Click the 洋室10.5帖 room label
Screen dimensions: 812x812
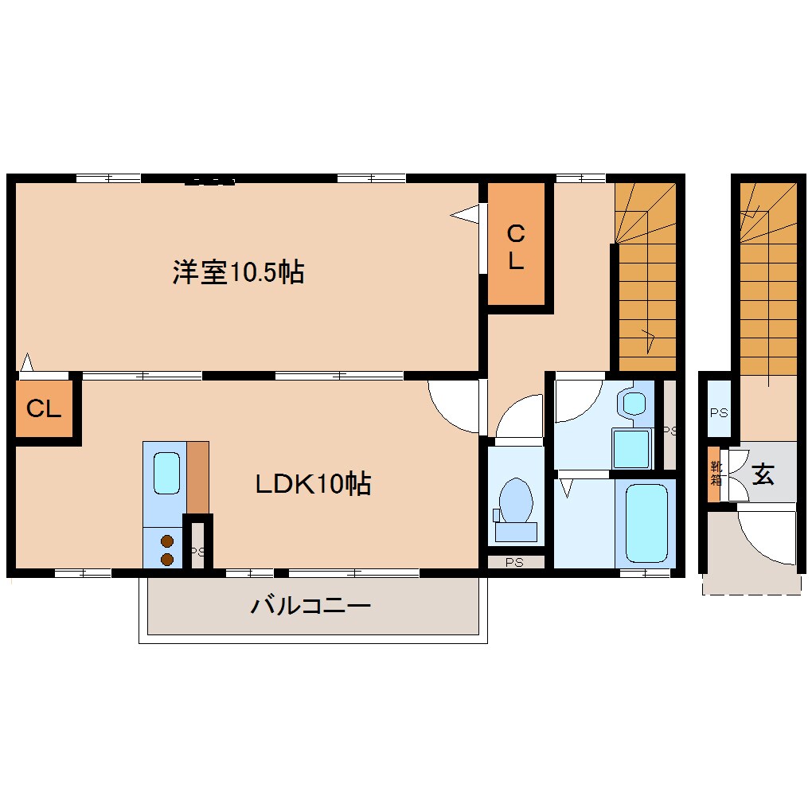click(238, 273)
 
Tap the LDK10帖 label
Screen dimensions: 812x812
click(313, 483)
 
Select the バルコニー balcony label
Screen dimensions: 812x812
click(310, 607)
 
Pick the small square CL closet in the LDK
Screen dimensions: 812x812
click(45, 409)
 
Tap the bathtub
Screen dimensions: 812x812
click(646, 522)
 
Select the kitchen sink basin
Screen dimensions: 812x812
click(166, 473)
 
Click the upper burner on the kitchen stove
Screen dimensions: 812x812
click(167, 541)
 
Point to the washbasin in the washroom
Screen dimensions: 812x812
click(634, 404)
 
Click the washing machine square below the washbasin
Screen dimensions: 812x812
click(631, 448)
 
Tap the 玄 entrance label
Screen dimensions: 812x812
click(763, 475)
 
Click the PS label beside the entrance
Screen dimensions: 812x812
click(718, 412)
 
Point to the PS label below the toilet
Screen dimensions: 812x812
click(515, 562)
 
